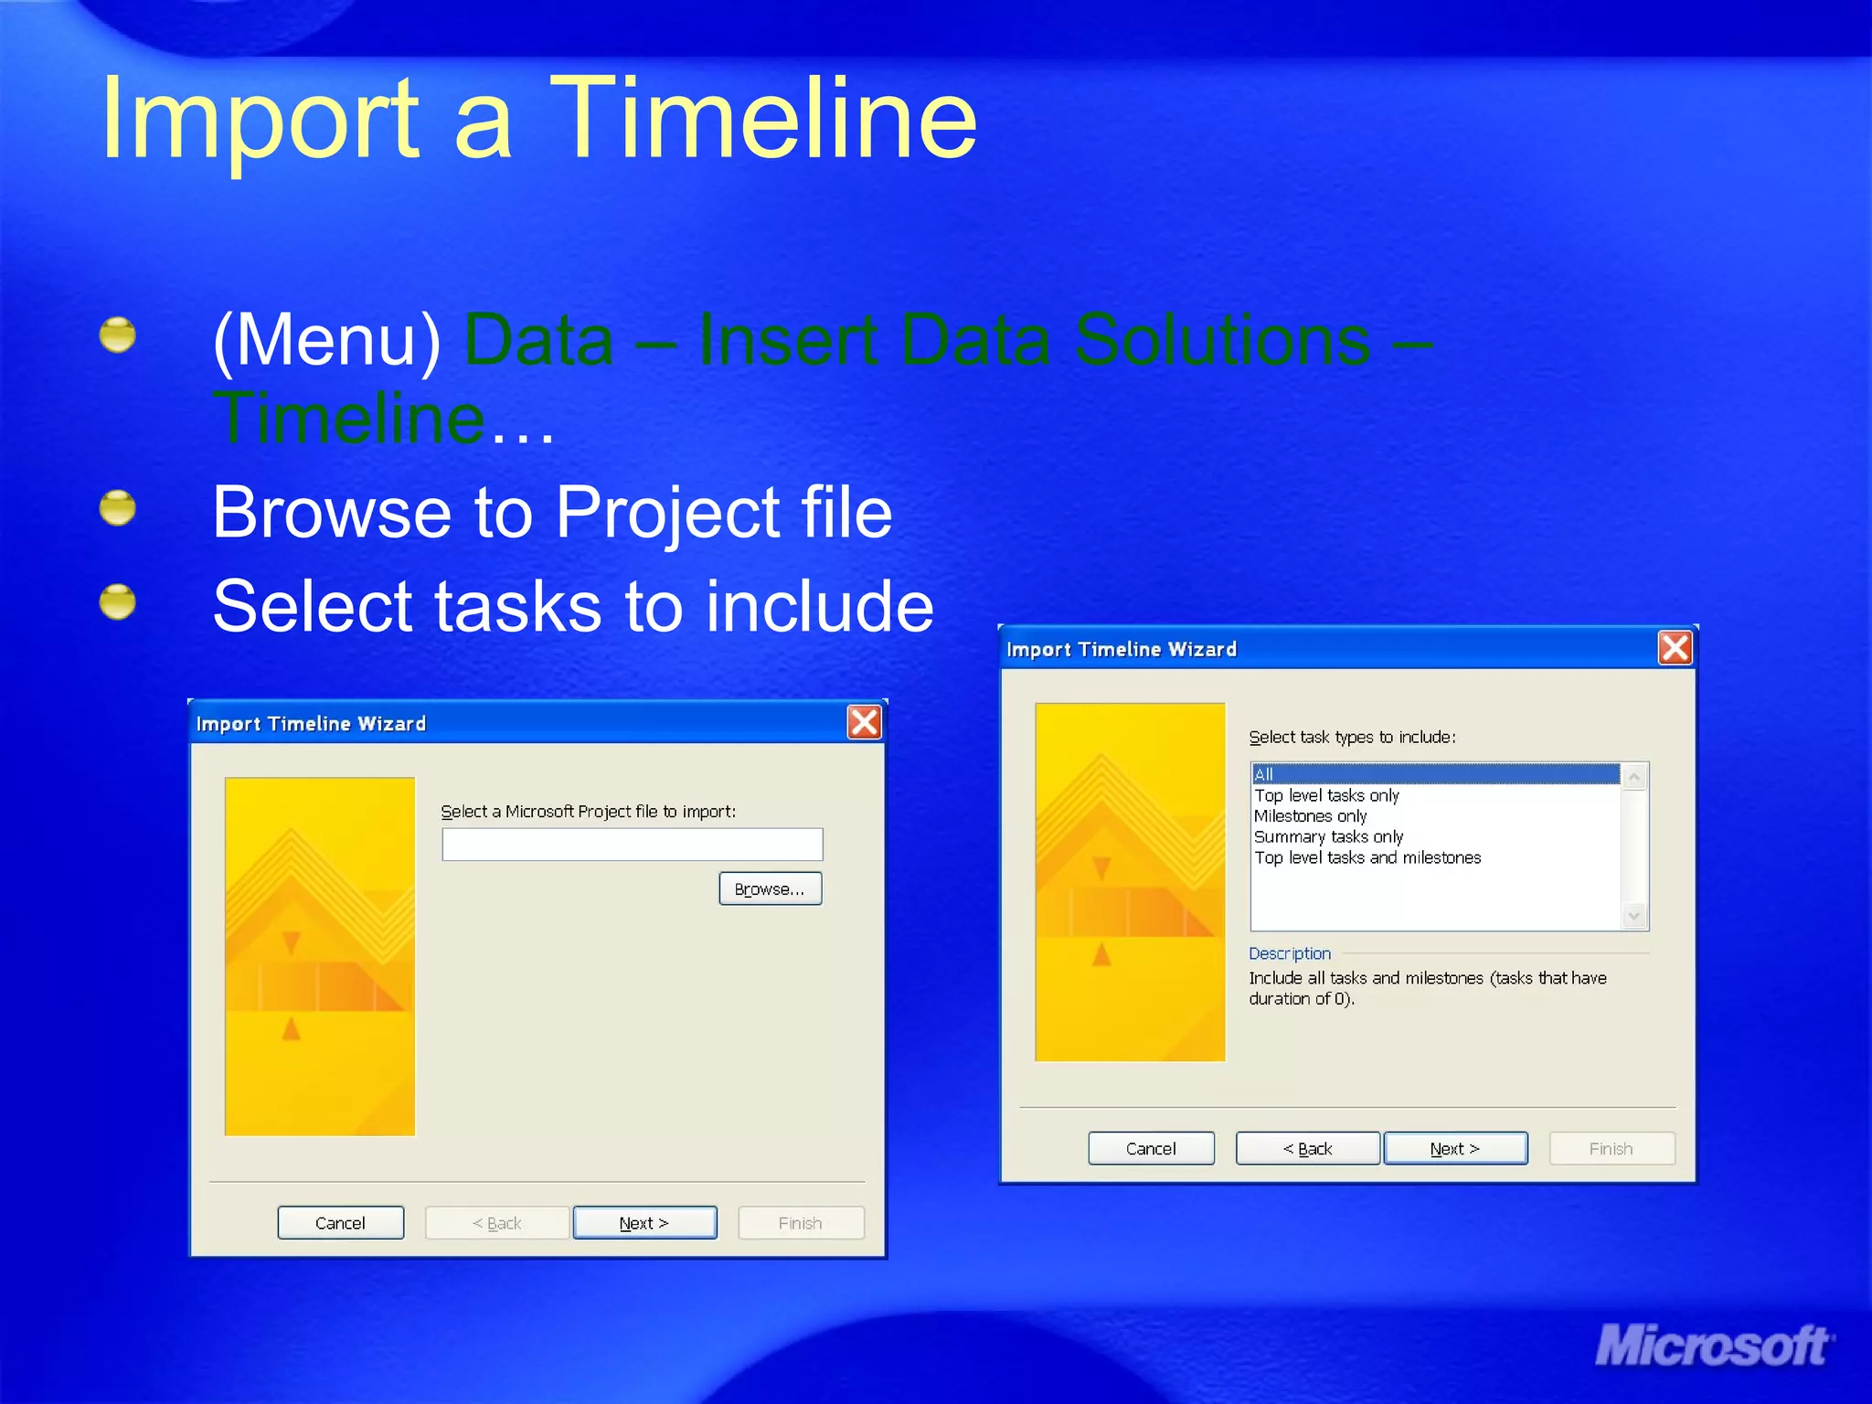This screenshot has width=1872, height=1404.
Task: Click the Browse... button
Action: pos(770,888)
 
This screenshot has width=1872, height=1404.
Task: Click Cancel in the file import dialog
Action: pos(340,1223)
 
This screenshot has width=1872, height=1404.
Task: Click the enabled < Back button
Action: pos(1307,1148)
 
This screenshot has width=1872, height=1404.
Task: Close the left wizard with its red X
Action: pos(864,722)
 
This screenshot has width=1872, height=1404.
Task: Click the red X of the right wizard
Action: pos(1675,648)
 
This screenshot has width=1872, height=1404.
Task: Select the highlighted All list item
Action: pos(1435,774)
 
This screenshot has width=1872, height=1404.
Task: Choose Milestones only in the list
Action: pos(1310,816)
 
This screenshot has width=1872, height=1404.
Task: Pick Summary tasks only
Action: pos(1328,837)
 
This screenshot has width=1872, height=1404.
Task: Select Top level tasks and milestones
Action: pos(1367,858)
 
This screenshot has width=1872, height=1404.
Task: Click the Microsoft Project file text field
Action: pos(632,845)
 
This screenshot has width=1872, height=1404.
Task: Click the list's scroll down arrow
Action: pos(1634,916)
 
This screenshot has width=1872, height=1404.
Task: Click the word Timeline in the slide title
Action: pos(763,119)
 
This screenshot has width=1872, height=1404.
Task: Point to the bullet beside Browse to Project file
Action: pos(118,508)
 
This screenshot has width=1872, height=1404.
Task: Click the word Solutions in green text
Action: pos(1222,340)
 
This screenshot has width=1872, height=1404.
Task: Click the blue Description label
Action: pos(1290,953)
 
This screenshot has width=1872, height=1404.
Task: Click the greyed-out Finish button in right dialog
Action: pos(1611,1148)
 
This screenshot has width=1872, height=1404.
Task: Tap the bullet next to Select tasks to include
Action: pos(118,602)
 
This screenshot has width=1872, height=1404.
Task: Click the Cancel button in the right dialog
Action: pos(1151,1148)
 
